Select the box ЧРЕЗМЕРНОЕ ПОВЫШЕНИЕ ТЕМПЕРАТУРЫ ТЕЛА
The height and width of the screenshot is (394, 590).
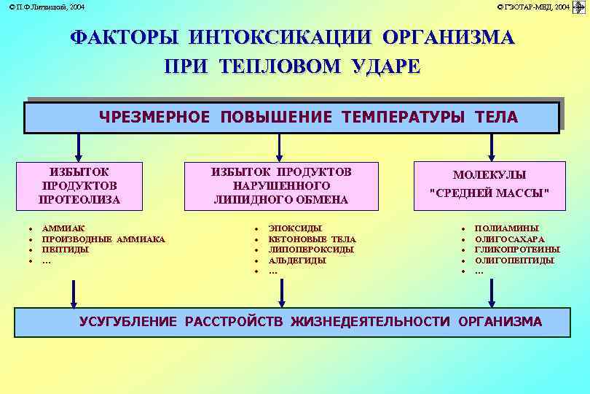pyautogui.click(x=291, y=117)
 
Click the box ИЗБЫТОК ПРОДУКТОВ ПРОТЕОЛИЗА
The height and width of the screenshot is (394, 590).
pyautogui.click(x=79, y=185)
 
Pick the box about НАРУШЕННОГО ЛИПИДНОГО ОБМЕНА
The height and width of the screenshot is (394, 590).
pyautogui.click(x=280, y=185)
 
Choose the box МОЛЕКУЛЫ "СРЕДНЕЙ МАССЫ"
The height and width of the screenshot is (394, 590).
pyautogui.click(x=489, y=185)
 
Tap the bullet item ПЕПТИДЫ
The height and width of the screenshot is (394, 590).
pyautogui.click(x=66, y=250)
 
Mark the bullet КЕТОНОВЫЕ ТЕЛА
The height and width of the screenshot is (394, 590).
pyautogui.click(x=312, y=239)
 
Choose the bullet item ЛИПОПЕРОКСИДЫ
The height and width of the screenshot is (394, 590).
pyautogui.click(x=311, y=250)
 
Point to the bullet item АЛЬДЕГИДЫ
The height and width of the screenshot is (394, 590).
pyautogui.click(x=297, y=260)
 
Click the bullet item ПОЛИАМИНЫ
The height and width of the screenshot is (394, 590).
pyautogui.click(x=506, y=228)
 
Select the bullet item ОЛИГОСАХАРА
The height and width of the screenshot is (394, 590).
pyautogui.click(x=509, y=239)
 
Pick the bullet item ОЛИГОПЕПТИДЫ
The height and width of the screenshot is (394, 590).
pyautogui.click(x=514, y=260)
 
